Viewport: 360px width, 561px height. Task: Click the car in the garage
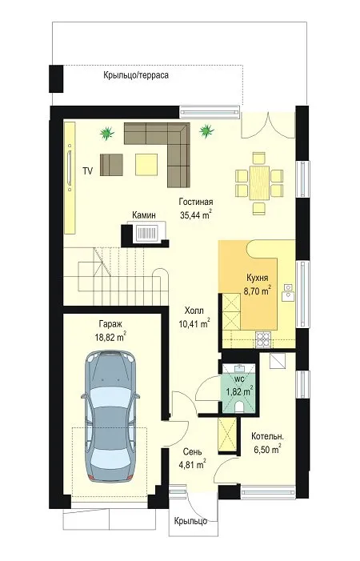110,417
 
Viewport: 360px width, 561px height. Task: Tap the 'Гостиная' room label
196,202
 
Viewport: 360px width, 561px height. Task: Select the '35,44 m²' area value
195,215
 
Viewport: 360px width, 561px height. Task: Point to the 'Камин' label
144,215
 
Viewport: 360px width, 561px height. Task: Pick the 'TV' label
87,171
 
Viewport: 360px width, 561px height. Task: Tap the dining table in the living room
259,182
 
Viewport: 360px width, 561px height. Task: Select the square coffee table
146,164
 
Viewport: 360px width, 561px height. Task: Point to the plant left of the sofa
106,134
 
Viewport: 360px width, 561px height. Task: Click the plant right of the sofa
206,130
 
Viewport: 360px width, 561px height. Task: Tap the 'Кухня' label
258,278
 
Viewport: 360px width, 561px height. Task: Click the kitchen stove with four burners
264,340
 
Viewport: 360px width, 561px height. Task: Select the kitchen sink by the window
288,292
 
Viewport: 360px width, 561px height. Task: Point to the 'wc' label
239,379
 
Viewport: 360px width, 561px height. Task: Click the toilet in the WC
239,407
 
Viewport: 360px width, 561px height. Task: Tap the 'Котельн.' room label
267,436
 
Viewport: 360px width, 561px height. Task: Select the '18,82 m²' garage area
110,337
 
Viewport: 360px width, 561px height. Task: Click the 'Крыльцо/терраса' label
136,75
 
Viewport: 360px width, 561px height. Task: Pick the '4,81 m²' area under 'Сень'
192,464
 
